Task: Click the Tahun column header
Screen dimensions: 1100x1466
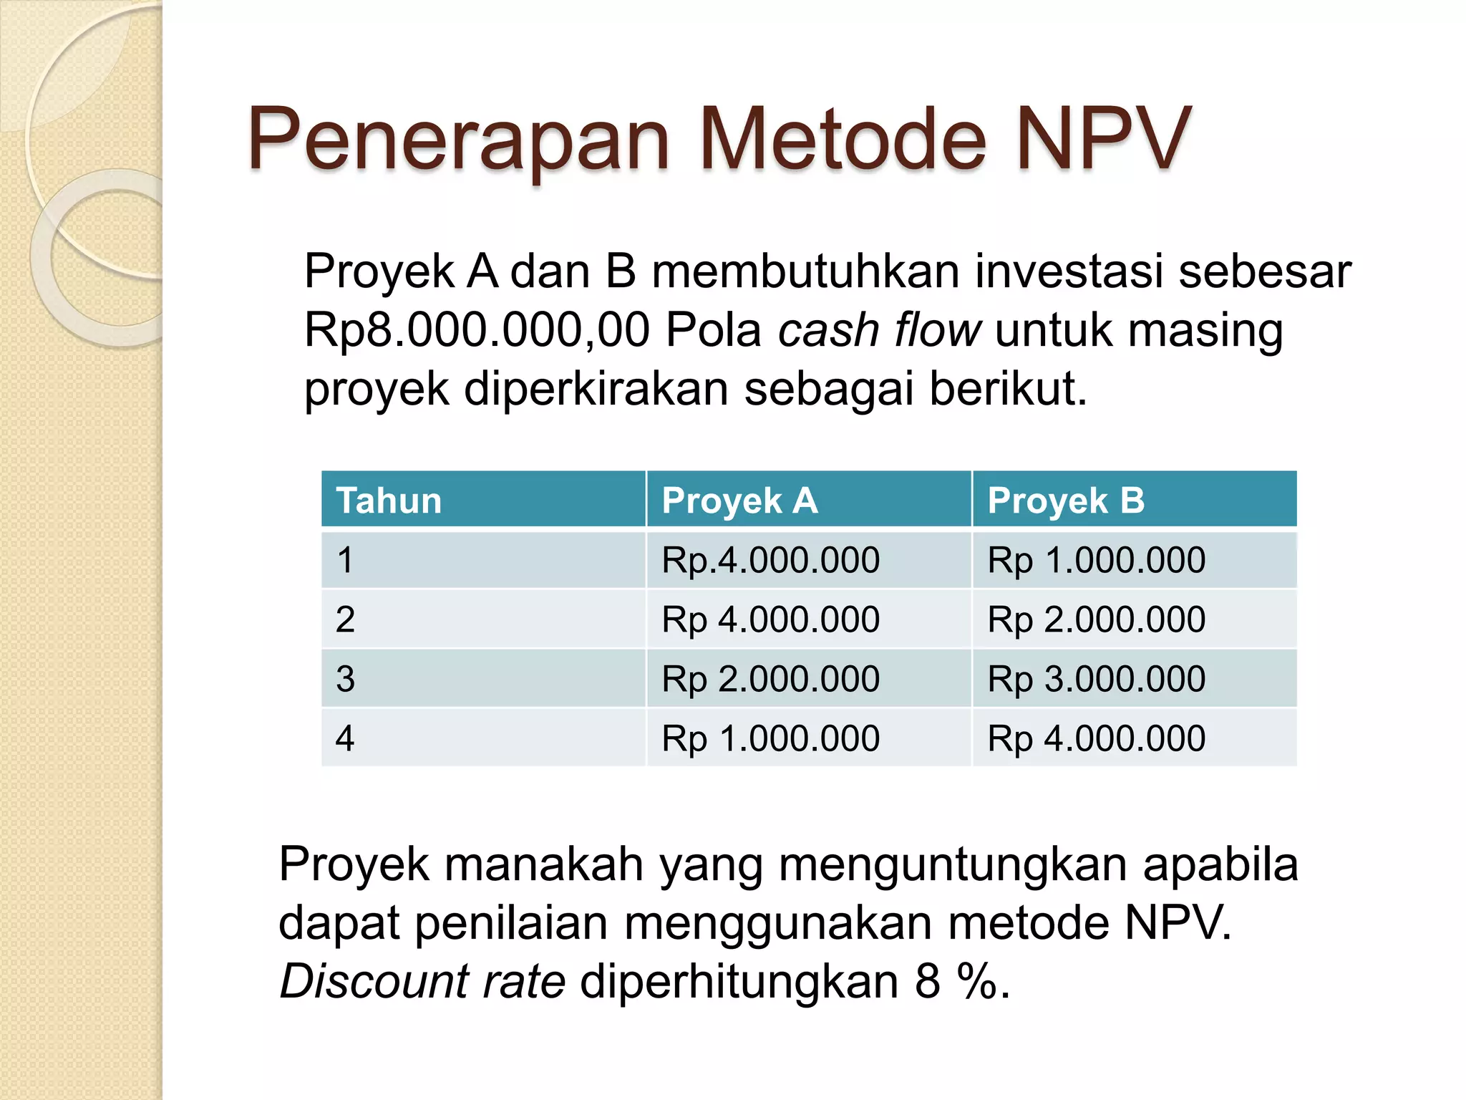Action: (x=389, y=500)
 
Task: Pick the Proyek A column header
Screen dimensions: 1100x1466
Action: (x=739, y=500)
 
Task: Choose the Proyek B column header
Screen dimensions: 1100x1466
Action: (x=1066, y=500)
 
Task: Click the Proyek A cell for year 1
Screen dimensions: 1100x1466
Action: (x=770, y=560)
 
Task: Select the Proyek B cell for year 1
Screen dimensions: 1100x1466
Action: (x=1096, y=560)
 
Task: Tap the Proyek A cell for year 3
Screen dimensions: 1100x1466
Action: (x=770, y=679)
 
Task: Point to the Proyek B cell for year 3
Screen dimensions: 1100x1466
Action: (x=1096, y=679)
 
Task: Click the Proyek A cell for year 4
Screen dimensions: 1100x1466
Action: (x=770, y=738)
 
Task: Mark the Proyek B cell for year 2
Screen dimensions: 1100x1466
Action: (x=1096, y=619)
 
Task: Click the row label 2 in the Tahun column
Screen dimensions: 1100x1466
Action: (x=345, y=619)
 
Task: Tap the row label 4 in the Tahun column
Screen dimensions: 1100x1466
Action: (x=345, y=738)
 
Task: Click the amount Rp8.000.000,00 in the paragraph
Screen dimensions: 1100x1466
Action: (x=477, y=330)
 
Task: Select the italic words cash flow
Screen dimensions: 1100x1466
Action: (x=880, y=330)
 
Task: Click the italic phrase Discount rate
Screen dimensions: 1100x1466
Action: (x=422, y=980)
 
